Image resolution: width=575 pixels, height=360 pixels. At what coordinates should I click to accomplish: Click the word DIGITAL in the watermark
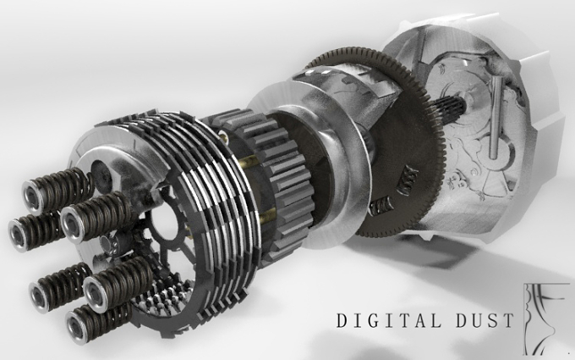[389, 320]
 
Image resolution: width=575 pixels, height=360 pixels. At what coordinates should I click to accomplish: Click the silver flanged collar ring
[308, 165]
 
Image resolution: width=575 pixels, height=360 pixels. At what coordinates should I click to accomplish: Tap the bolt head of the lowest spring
[77, 327]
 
